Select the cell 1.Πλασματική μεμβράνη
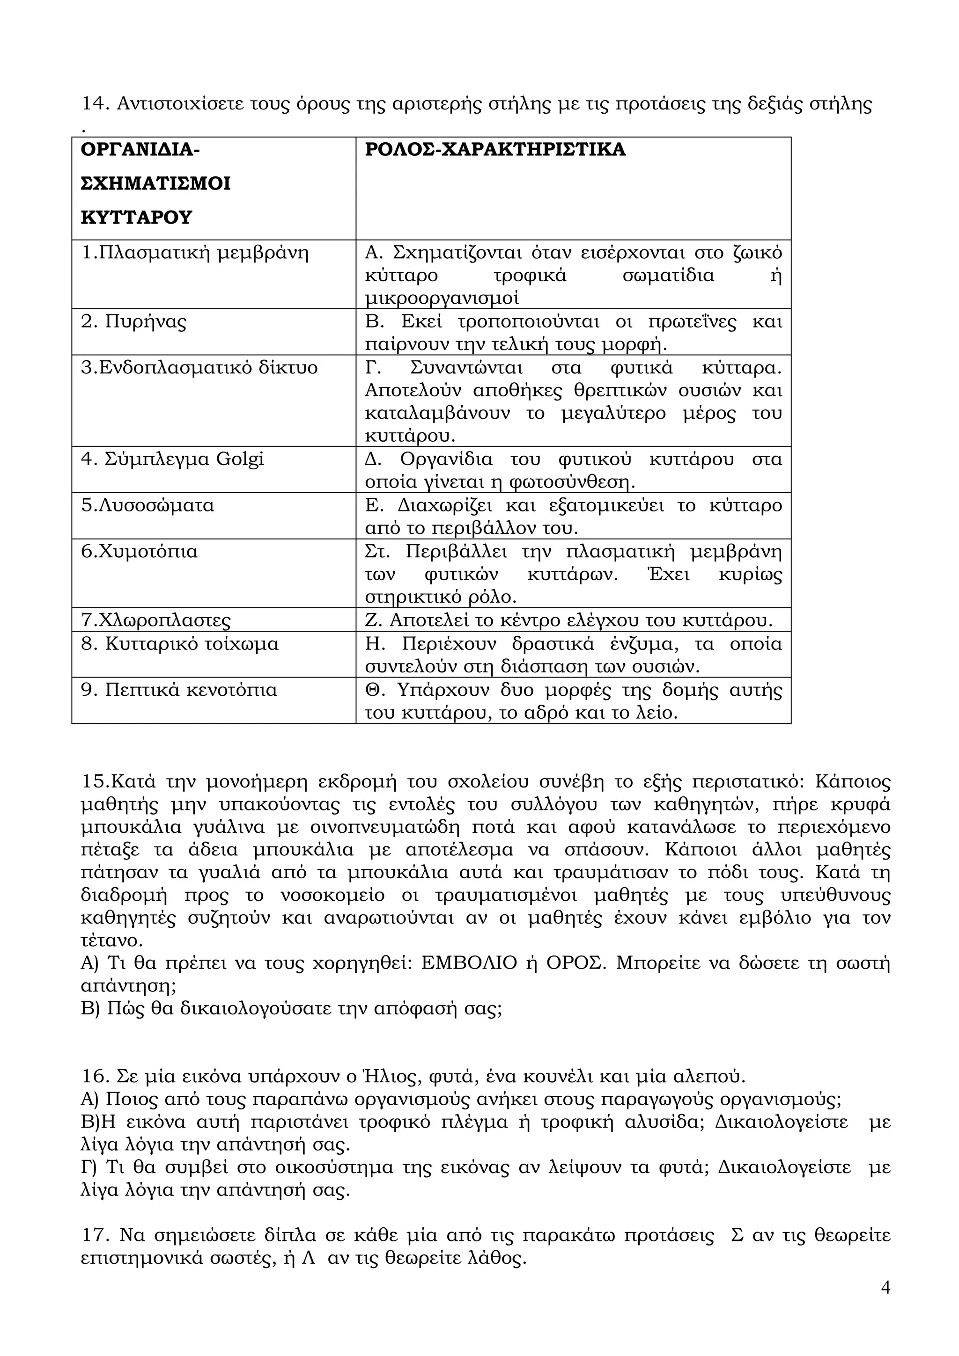click(x=195, y=253)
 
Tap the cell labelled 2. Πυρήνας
click(x=133, y=322)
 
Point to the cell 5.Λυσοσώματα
click(x=147, y=505)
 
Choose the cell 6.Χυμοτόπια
click(x=139, y=552)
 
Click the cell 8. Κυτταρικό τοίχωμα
click(x=180, y=644)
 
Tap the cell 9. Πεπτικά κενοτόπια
click(x=179, y=690)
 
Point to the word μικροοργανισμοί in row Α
click(x=442, y=298)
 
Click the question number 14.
click(x=95, y=104)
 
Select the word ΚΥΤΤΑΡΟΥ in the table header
click(x=136, y=217)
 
